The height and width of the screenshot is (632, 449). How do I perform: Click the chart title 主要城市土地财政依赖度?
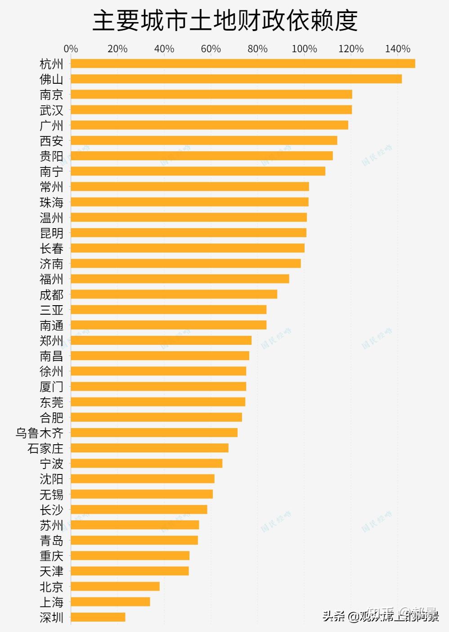tap(225, 21)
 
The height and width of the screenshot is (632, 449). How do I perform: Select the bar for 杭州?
tap(243, 63)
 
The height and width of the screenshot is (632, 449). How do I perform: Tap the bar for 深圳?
tap(98, 617)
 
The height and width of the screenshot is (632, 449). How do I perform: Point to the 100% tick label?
tap(304, 49)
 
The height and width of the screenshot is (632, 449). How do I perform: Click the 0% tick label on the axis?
tap(71, 49)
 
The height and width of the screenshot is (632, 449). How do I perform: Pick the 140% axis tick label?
tap(398, 49)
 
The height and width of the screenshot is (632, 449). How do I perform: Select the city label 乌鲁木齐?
tap(40, 433)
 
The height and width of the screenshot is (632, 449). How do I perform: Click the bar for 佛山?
tap(236, 79)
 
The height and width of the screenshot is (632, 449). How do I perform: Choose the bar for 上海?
tap(110, 602)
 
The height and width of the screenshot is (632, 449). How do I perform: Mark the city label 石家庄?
tap(45, 448)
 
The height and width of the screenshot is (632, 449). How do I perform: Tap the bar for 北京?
tap(115, 586)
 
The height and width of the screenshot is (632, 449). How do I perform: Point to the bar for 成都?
tap(174, 294)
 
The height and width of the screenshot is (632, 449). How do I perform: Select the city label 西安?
tap(51, 141)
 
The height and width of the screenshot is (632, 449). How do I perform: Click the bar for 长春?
tap(188, 248)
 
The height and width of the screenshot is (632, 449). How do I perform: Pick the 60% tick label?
tap(211, 49)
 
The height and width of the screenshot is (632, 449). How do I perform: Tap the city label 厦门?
tap(51, 387)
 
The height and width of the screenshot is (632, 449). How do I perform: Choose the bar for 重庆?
tap(130, 555)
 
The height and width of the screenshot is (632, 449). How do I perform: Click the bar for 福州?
tap(180, 279)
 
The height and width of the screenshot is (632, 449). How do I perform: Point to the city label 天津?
tap(51, 571)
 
